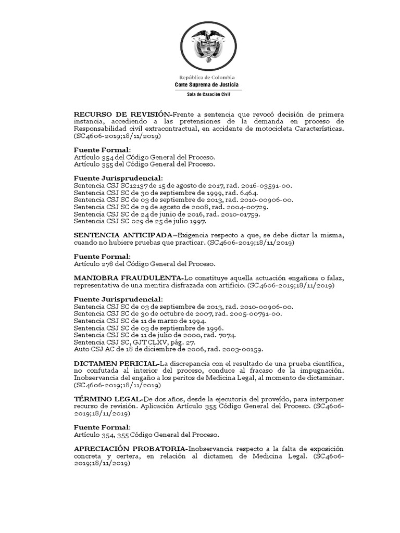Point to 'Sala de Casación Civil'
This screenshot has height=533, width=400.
tap(208, 94)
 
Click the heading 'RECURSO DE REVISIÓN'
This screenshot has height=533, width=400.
tap(122, 114)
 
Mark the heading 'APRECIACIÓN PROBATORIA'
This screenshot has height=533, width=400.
tap(130, 448)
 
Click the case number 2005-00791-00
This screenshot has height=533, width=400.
tap(256, 314)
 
